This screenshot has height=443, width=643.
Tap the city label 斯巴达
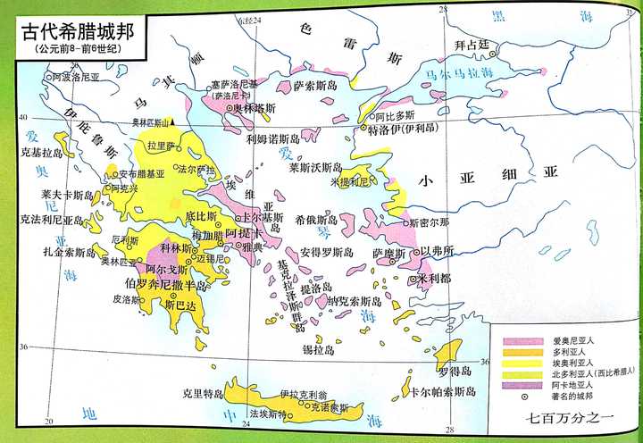181,304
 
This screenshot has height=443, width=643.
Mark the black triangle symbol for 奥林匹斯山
175,121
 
